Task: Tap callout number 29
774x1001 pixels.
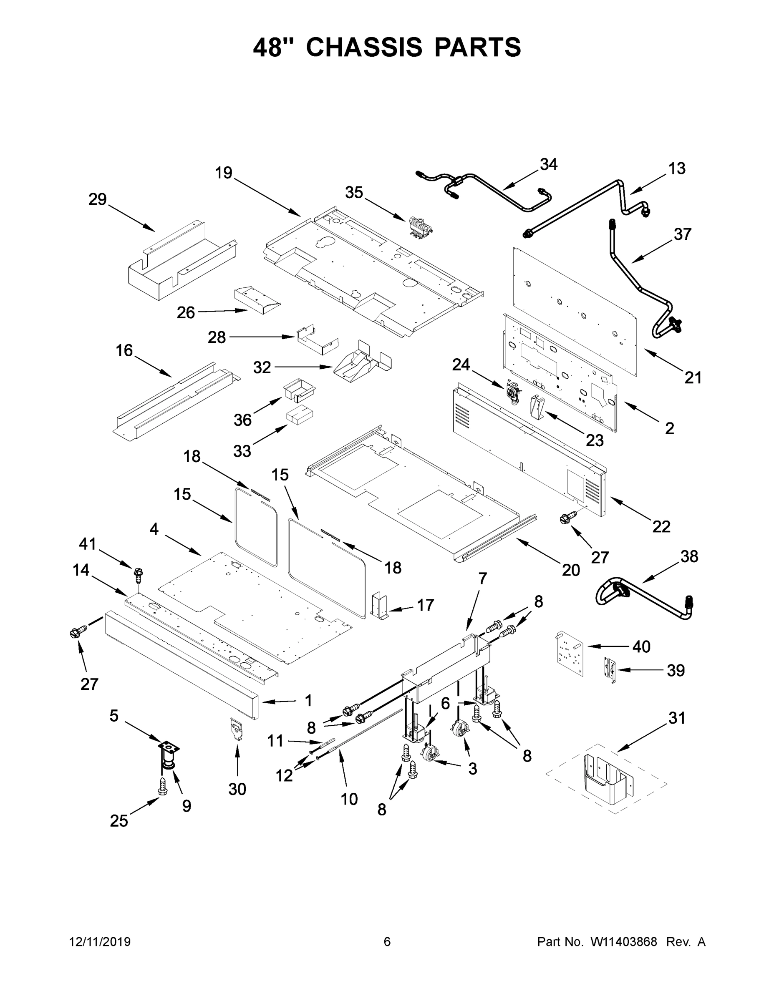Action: tap(97, 199)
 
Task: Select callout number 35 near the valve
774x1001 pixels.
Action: tap(354, 193)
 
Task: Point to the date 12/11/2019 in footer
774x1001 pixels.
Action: tap(100, 941)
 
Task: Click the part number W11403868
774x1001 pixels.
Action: tap(624, 941)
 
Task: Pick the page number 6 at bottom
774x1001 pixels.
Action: tap(387, 941)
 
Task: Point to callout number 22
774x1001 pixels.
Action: tap(661, 527)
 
